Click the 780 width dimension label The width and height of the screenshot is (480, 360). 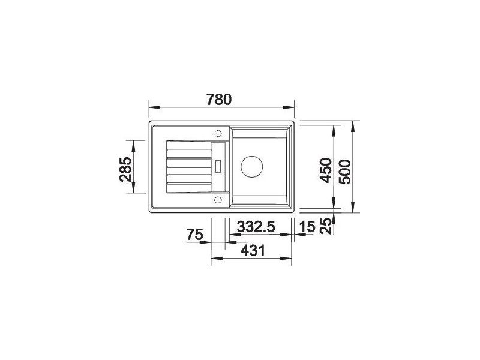[219, 100]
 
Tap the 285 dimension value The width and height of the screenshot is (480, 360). [125, 169]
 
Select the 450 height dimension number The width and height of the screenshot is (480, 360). [325, 170]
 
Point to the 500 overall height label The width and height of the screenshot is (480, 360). [345, 172]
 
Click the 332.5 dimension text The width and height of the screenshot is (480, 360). [256, 227]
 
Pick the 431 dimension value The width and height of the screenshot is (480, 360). [253, 251]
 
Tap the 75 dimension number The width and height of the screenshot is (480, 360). [194, 235]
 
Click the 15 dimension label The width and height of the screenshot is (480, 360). [307, 227]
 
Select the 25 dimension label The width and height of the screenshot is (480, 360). [328, 226]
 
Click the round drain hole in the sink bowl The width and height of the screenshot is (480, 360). [251, 167]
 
